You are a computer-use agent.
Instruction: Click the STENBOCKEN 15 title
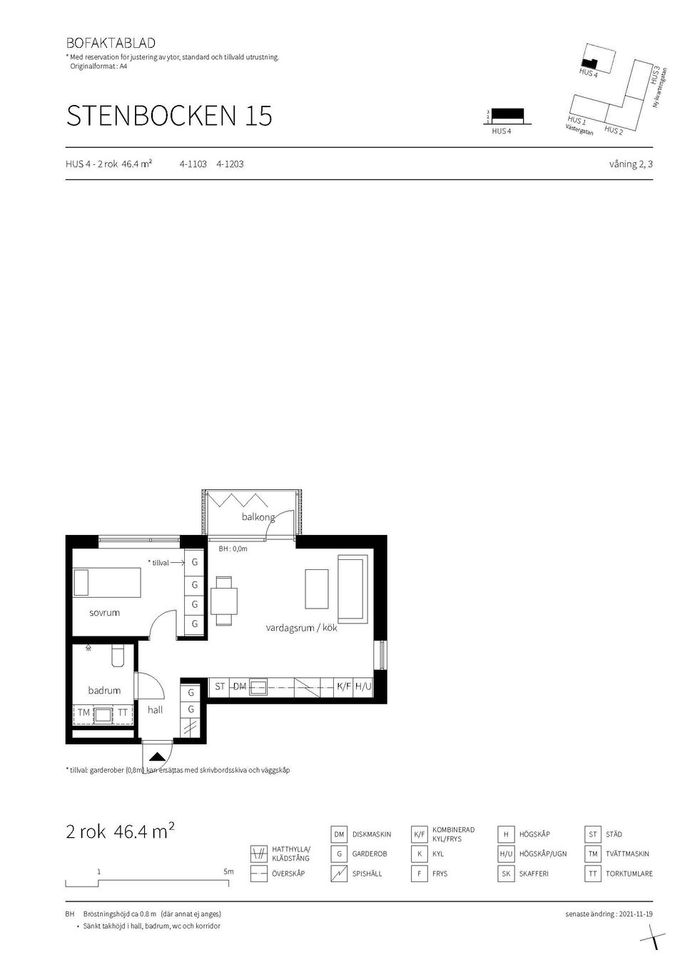tap(169, 116)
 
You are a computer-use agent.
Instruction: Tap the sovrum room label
tap(104, 613)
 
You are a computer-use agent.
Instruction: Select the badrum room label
tap(104, 690)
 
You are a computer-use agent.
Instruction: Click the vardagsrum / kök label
tap(301, 629)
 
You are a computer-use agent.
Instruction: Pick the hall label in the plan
tap(156, 710)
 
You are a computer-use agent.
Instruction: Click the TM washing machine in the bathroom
tap(84, 713)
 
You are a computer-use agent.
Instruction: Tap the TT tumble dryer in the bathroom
tap(123, 713)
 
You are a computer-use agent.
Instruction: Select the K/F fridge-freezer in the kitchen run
tap(344, 686)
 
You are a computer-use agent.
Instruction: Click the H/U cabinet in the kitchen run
tap(363, 686)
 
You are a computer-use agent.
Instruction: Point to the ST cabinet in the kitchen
tap(220, 686)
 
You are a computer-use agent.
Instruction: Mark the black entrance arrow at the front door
tap(158, 756)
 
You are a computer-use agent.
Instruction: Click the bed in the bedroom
tap(108, 582)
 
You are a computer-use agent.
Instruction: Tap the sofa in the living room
tap(351, 588)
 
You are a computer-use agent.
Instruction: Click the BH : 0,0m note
tap(233, 549)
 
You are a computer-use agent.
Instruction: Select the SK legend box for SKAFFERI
tap(506, 874)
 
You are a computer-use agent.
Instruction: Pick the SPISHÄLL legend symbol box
tap(339, 874)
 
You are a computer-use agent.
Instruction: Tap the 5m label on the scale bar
tap(228, 871)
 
